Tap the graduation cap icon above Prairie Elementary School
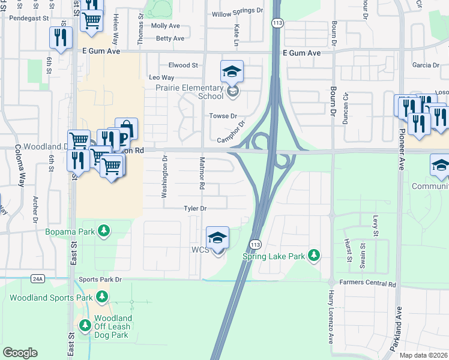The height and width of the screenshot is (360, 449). pos(232,73)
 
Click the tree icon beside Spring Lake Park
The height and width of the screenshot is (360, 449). pos(313,256)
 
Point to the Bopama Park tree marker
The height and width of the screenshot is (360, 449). pos(104,230)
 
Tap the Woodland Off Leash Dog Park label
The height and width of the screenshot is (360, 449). pos(113,326)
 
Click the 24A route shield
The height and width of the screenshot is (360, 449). pos(38,278)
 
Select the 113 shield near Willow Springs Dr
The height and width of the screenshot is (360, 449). pos(277,23)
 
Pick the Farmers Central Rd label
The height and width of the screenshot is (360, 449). pos(367,283)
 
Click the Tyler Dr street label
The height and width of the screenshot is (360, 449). pos(195,208)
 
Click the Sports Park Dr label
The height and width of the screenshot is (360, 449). pos(100,280)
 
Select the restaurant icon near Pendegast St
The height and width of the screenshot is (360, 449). pos(61,37)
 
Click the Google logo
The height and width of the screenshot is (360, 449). pos(20,353)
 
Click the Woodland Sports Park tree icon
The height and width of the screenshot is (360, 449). pos(102,296)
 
